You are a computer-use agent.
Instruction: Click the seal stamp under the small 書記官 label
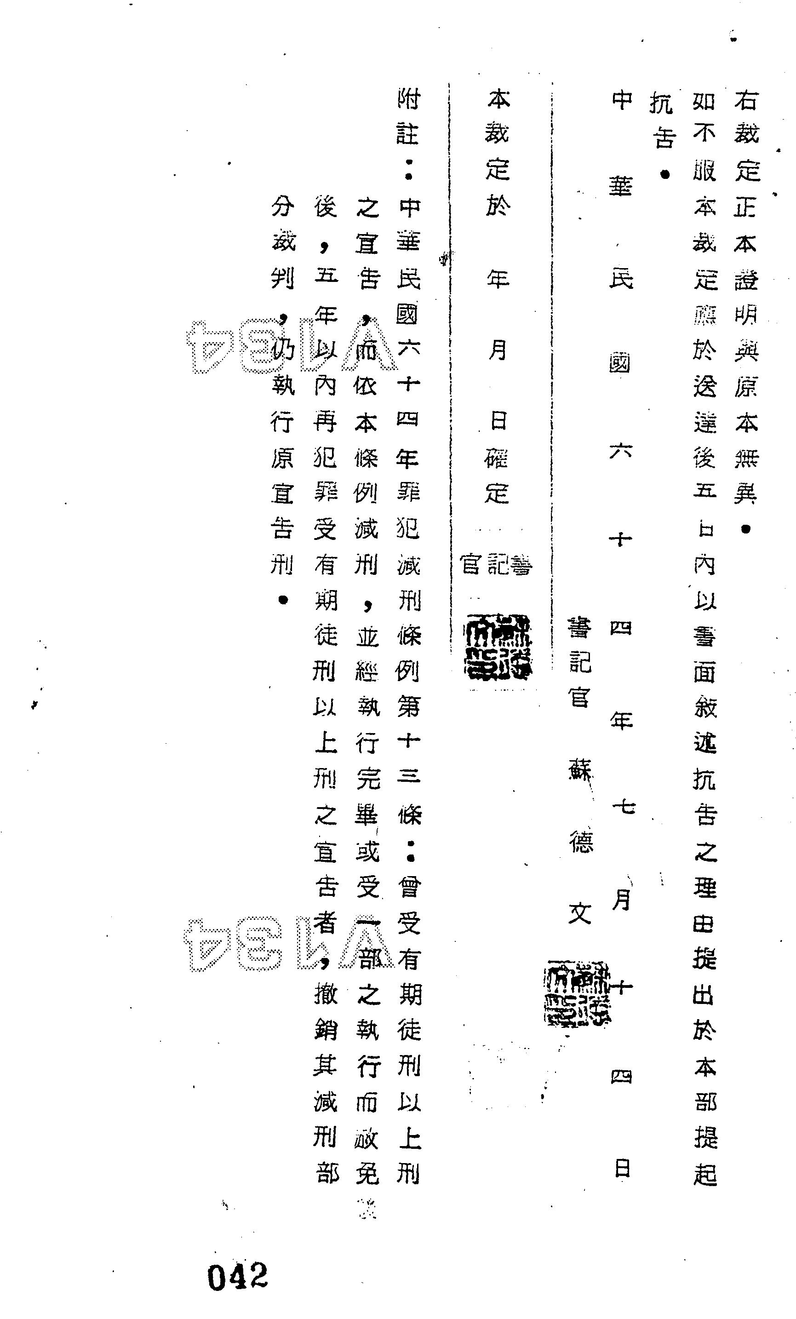[x=498, y=647]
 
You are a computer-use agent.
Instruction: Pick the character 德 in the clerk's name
[x=580, y=842]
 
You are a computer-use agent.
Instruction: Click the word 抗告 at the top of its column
[x=663, y=119]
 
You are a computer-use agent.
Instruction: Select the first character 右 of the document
[x=746, y=100]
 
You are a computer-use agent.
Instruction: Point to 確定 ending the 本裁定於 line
[x=497, y=476]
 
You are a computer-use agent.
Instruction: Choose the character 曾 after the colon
[x=410, y=888]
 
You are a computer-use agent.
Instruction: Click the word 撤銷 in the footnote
[x=326, y=1012]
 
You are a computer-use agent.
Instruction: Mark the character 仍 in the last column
[x=283, y=350]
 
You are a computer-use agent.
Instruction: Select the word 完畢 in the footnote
[x=368, y=797]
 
